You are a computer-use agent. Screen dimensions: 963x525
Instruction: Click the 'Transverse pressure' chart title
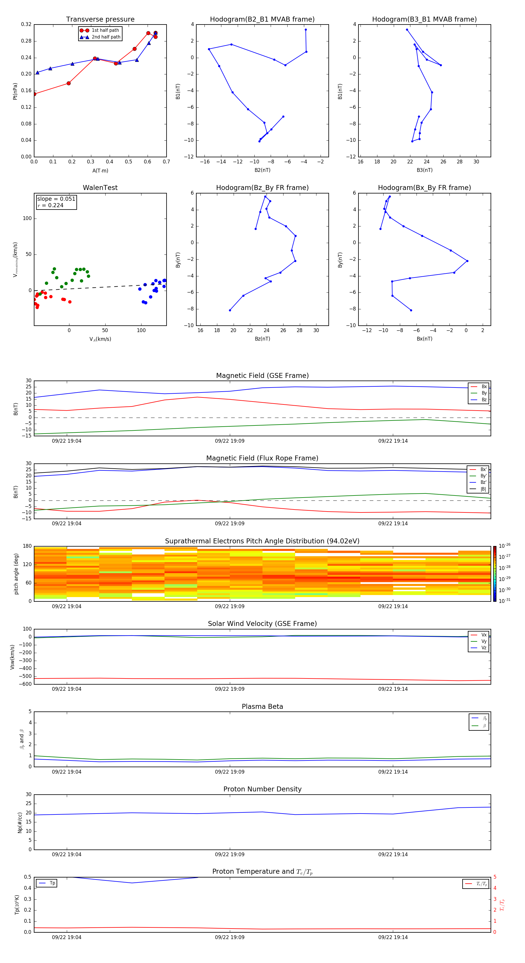[x=100, y=20]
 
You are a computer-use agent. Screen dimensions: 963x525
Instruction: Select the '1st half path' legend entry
[x=105, y=30]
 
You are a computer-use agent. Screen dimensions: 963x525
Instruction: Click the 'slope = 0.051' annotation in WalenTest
[x=56, y=199]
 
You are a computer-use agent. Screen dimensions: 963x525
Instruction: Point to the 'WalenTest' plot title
[x=100, y=188]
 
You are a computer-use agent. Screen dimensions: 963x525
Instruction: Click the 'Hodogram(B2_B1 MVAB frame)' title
[x=262, y=20]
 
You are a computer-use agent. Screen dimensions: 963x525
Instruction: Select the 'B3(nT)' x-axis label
[x=424, y=170]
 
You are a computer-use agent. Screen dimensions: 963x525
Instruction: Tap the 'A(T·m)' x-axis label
[x=100, y=171]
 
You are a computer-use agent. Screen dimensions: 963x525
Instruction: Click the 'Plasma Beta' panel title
[x=262, y=706]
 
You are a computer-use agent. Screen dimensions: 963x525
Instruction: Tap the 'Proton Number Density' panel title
[x=262, y=789]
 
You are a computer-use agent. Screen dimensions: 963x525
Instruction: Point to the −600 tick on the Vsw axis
[x=25, y=684]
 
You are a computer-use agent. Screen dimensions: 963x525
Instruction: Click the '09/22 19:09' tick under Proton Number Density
[x=230, y=854]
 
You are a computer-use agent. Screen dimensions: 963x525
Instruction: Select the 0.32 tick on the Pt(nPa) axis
[x=26, y=25]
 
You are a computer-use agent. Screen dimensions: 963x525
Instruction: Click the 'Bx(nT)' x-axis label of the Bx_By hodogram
[x=424, y=339]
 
